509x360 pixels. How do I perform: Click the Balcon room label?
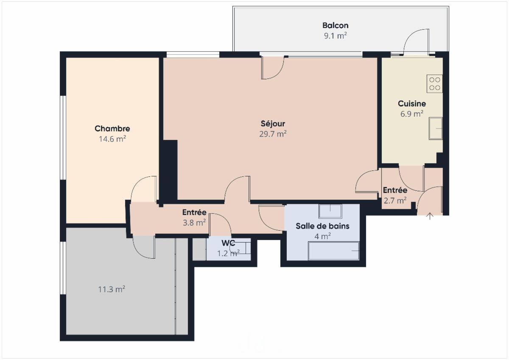coord(336,25)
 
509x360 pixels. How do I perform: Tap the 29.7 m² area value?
coord(273,134)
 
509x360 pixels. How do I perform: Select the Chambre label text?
coord(112,128)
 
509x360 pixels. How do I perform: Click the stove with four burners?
coord(434,84)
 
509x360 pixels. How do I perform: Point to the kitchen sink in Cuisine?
coord(436,128)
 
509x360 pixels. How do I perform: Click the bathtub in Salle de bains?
coord(333,251)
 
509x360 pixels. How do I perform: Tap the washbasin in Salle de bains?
coord(330,211)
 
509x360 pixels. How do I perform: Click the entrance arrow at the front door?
coord(430,216)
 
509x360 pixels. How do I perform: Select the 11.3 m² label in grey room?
coord(112,289)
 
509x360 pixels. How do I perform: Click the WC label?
coord(228,243)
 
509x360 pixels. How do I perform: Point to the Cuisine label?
coord(412,103)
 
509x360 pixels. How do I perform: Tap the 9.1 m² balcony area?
coord(336,36)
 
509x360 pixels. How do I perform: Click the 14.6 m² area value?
coord(112,139)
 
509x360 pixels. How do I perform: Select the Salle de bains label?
coord(322,226)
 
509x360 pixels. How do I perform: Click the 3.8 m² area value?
coord(194,223)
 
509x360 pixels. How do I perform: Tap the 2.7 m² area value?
coord(395,201)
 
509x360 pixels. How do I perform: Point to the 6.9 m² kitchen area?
coord(412,114)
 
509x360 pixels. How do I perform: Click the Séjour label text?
coord(273,124)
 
